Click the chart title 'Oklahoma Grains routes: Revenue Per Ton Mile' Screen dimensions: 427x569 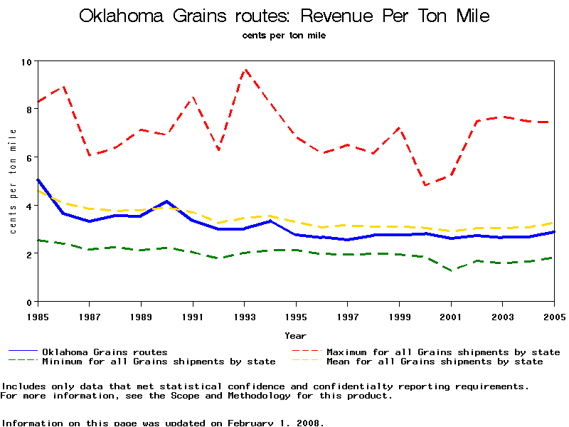click(x=284, y=16)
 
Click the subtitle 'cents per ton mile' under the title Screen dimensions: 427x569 click(x=284, y=35)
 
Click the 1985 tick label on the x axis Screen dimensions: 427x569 click(x=37, y=315)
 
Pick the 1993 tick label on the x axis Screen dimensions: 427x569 click(x=244, y=315)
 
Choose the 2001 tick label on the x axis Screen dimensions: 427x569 click(x=451, y=315)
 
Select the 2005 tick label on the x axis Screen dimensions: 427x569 click(x=554, y=315)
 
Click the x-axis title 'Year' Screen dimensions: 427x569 click(x=295, y=335)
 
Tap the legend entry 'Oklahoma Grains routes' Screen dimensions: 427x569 click(x=105, y=352)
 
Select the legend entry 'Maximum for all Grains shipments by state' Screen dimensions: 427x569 click(x=442, y=352)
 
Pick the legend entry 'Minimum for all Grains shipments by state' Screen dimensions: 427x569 click(x=159, y=362)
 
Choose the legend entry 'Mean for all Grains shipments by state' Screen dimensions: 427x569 click(x=434, y=362)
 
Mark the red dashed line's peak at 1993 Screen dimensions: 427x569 click(x=245, y=70)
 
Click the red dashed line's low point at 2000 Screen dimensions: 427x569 click(x=425, y=185)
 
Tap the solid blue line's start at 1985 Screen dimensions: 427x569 click(x=38, y=180)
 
